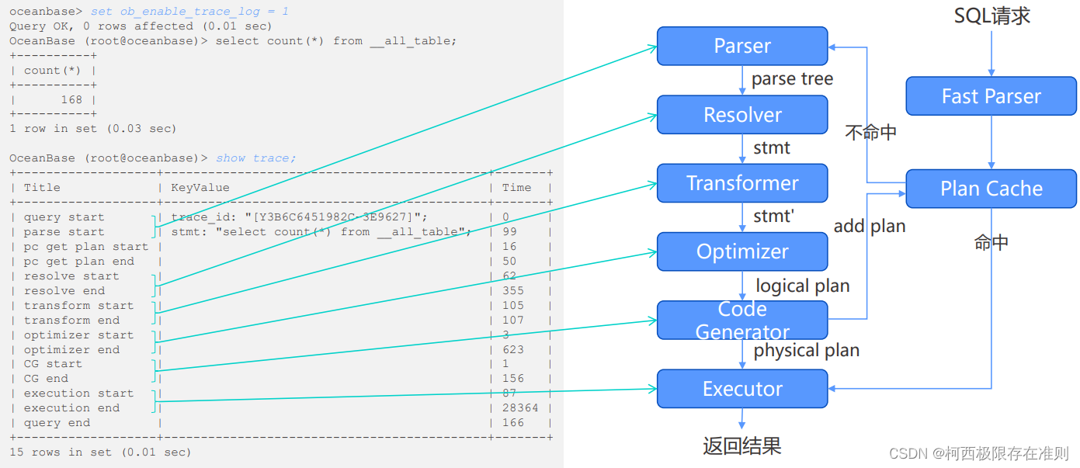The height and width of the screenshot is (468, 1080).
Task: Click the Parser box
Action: pyautogui.click(x=742, y=46)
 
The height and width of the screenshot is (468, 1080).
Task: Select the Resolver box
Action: pyautogui.click(x=742, y=115)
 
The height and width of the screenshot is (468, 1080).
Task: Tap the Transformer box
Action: pyautogui.click(x=742, y=183)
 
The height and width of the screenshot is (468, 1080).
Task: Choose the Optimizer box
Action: pyautogui.click(x=742, y=251)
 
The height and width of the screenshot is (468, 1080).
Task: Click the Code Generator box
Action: pyautogui.click(x=742, y=320)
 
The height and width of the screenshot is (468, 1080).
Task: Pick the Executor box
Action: pyautogui.click(x=742, y=389)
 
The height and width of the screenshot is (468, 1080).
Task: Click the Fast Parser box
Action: pyautogui.click(x=991, y=96)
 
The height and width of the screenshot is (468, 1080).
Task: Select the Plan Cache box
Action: pyautogui.click(x=991, y=189)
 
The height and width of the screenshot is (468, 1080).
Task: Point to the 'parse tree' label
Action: pyautogui.click(x=792, y=79)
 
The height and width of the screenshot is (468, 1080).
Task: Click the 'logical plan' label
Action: pyautogui.click(x=803, y=286)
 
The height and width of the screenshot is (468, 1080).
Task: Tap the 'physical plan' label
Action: pyautogui.click(x=807, y=350)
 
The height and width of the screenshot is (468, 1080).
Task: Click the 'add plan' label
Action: pyautogui.click(x=870, y=226)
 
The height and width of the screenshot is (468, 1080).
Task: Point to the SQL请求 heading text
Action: pyautogui.click(x=991, y=16)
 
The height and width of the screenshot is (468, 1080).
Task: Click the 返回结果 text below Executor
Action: pyautogui.click(x=741, y=445)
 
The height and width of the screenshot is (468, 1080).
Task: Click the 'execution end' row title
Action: pyautogui.click(x=71, y=408)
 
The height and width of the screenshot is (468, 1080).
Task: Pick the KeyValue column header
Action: pyautogui.click(x=200, y=188)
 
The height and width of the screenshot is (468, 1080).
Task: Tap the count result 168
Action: pyautogui.click(x=71, y=100)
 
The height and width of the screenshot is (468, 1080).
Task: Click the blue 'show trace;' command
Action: pyautogui.click(x=255, y=158)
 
